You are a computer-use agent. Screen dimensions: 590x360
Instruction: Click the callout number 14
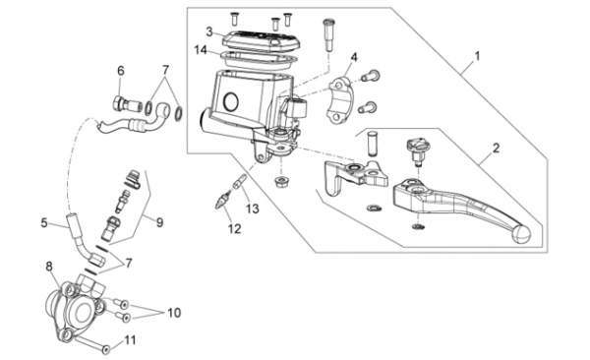(201, 50)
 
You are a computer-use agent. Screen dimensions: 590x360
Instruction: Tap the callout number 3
(209, 31)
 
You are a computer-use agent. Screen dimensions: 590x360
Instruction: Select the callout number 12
(234, 228)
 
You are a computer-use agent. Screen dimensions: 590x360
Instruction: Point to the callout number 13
(253, 209)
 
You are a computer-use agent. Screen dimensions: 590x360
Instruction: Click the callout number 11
(130, 340)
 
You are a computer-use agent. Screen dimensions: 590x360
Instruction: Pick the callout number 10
(174, 313)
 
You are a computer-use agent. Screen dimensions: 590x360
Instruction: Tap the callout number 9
(160, 222)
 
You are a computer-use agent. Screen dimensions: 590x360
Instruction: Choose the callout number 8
(49, 267)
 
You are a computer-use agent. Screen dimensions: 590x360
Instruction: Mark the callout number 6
(120, 71)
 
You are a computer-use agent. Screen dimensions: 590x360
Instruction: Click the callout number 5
(44, 222)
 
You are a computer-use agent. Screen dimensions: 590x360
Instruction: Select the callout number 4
(354, 57)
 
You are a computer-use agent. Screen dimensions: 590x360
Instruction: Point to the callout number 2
(497, 148)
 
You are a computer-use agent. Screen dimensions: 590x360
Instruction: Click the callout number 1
(478, 56)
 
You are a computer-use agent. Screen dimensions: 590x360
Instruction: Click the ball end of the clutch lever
(521, 234)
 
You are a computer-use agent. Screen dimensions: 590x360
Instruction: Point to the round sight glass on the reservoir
(231, 101)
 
